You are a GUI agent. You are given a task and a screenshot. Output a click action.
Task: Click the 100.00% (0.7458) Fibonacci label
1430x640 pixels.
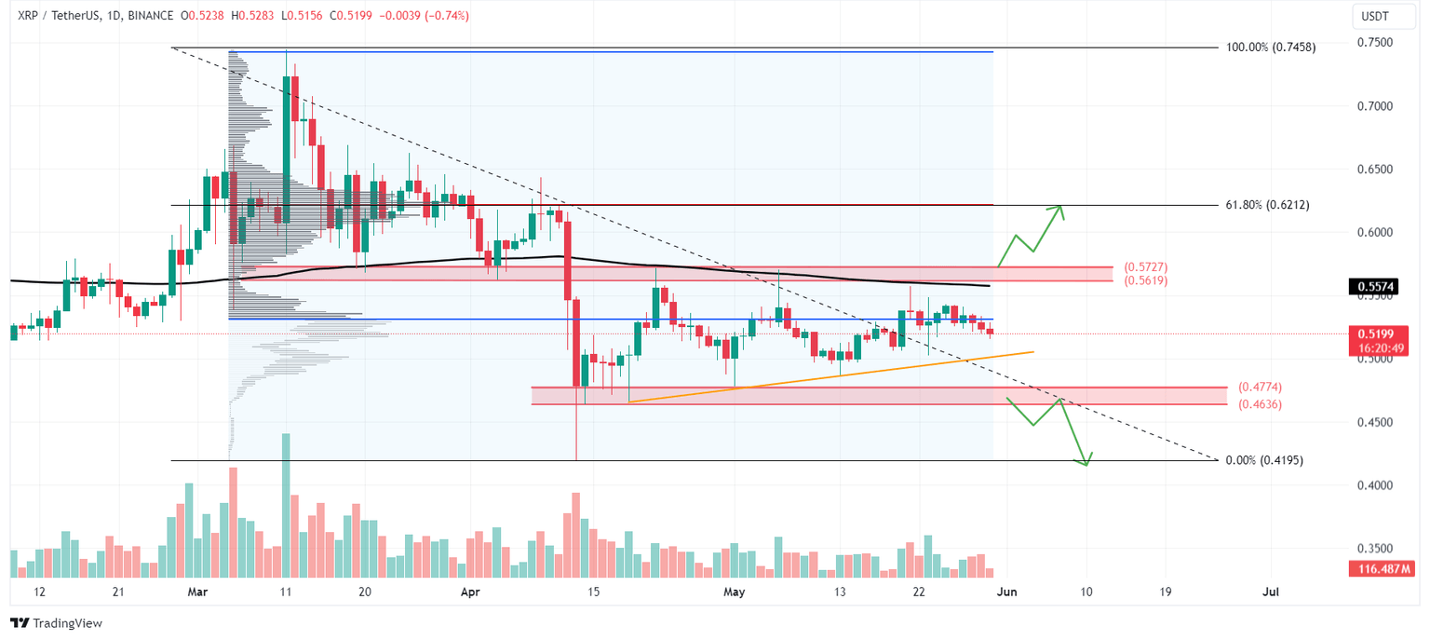coord(1271,47)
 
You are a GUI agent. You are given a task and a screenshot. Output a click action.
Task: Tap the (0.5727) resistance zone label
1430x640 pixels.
coord(1145,266)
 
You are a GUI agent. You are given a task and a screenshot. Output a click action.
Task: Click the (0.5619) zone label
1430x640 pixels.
coord(1145,280)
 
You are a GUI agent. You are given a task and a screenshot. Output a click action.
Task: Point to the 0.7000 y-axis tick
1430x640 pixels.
coord(1376,106)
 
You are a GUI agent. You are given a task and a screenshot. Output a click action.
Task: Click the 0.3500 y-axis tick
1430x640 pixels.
coord(1376,549)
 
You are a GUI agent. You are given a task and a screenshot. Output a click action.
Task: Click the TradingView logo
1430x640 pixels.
coord(57,622)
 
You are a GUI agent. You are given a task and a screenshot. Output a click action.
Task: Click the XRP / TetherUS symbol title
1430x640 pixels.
coord(55,16)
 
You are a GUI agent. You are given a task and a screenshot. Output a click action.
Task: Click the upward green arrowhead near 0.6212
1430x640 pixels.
coord(1059,210)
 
